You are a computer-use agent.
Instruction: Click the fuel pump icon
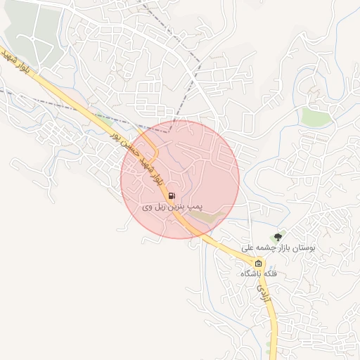pyautogui.click(x=171, y=195)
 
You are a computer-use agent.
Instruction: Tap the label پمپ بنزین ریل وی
pyautogui.click(x=172, y=207)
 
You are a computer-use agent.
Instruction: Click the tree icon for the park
pyautogui.click(x=278, y=237)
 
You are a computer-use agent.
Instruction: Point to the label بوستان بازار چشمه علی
pyautogui.click(x=279, y=248)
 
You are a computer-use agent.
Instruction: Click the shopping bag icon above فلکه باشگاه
pyautogui.click(x=247, y=264)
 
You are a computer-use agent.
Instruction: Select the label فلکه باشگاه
pyautogui.click(x=259, y=273)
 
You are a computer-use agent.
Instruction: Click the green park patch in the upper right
pyautogui.click(x=316, y=116)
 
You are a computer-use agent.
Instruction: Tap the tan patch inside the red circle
pyautogui.click(x=210, y=217)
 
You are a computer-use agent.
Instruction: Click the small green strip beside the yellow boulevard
pyautogui.click(x=105, y=121)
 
